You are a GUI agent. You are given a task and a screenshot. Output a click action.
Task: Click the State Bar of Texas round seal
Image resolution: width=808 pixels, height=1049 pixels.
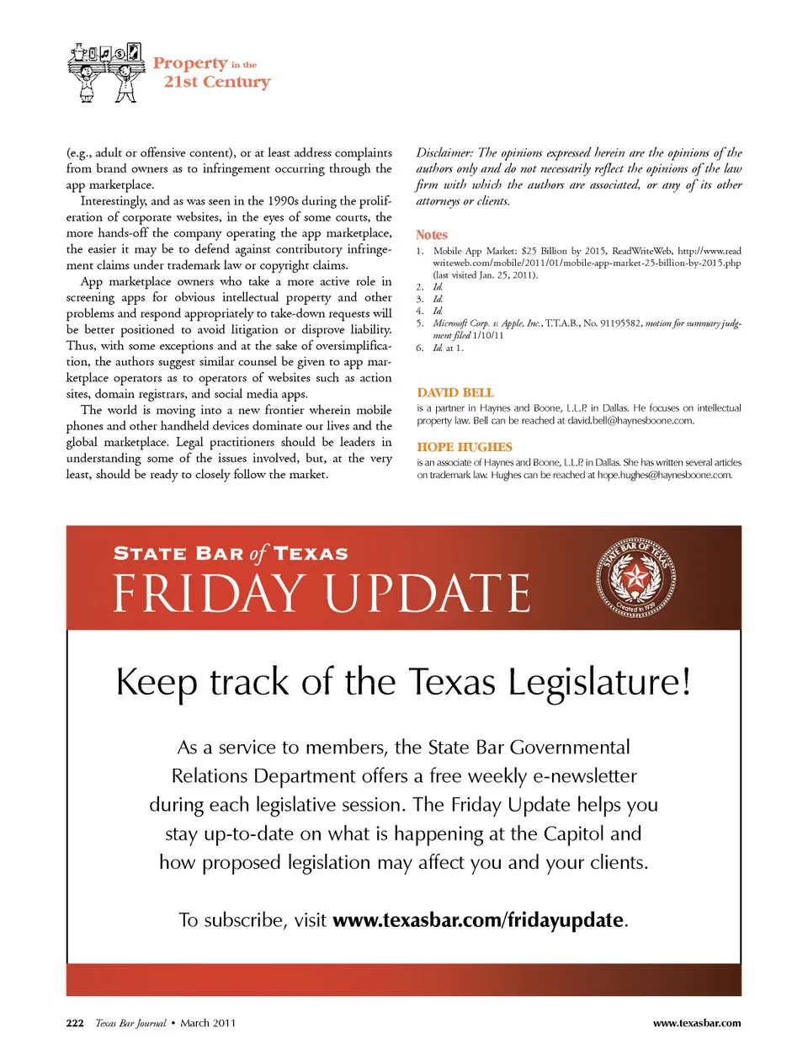635,578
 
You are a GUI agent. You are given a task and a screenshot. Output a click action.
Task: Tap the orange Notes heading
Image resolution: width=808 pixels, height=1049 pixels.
432,235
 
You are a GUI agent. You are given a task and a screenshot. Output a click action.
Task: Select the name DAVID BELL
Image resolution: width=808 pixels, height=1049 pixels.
455,392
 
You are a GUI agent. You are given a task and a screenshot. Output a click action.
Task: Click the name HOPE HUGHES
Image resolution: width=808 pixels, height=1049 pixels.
465,447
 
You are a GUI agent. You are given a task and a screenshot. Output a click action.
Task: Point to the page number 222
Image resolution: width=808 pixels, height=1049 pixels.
75,1023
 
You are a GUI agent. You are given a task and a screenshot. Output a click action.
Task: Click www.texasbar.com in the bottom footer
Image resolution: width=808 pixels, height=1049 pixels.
697,1023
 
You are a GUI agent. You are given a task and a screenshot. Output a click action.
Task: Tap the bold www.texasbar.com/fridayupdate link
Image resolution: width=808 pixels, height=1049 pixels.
478,920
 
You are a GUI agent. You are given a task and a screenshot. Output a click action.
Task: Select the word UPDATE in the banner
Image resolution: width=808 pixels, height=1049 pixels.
428,594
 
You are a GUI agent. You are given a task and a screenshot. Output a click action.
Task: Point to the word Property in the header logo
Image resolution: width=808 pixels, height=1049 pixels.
190,63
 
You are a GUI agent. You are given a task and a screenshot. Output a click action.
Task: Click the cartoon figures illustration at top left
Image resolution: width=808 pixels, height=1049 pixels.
106,72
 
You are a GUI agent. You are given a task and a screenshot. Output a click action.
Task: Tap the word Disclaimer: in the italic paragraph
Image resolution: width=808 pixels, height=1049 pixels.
444,153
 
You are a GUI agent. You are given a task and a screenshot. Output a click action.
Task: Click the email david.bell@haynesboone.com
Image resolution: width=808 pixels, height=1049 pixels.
630,421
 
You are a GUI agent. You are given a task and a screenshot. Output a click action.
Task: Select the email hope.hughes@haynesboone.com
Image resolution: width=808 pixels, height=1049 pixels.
664,475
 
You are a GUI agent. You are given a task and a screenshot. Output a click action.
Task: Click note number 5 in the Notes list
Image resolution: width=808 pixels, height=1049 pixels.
419,323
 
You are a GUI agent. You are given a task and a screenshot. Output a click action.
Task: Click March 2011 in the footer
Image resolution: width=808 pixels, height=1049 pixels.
208,1023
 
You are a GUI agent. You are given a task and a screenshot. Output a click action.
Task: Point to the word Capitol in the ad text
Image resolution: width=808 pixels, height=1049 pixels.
574,833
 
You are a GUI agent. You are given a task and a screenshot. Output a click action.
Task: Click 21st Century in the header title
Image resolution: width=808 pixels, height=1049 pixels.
217,82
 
